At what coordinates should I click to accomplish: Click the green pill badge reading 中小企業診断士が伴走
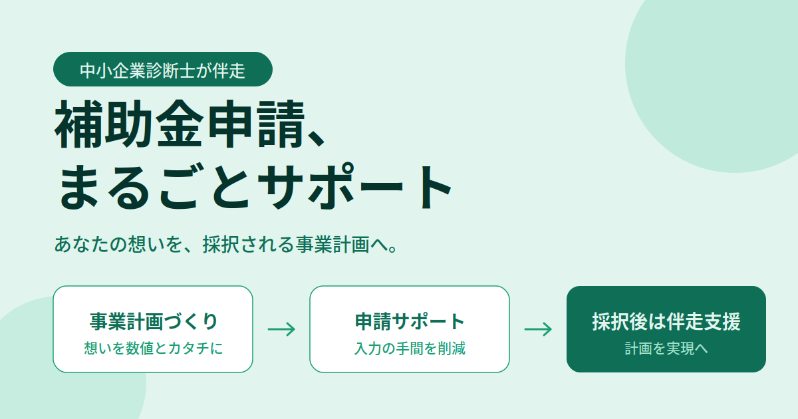click(163, 69)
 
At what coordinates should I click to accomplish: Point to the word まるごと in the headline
click(154, 186)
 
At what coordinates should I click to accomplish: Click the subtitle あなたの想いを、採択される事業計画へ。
click(225, 245)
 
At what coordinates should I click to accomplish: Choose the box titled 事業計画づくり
click(153, 329)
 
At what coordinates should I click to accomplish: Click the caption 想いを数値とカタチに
click(153, 348)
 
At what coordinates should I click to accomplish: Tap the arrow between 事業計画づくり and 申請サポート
click(281, 329)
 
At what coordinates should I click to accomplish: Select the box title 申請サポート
click(410, 321)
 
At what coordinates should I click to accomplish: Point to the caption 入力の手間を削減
click(410, 348)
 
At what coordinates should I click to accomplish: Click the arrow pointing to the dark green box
click(538, 329)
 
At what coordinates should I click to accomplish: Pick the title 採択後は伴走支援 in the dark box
click(666, 321)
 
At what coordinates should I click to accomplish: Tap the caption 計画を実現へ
click(666, 348)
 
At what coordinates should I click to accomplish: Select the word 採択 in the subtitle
click(221, 245)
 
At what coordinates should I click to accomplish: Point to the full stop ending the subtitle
click(393, 249)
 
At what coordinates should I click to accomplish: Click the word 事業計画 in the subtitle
click(332, 245)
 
